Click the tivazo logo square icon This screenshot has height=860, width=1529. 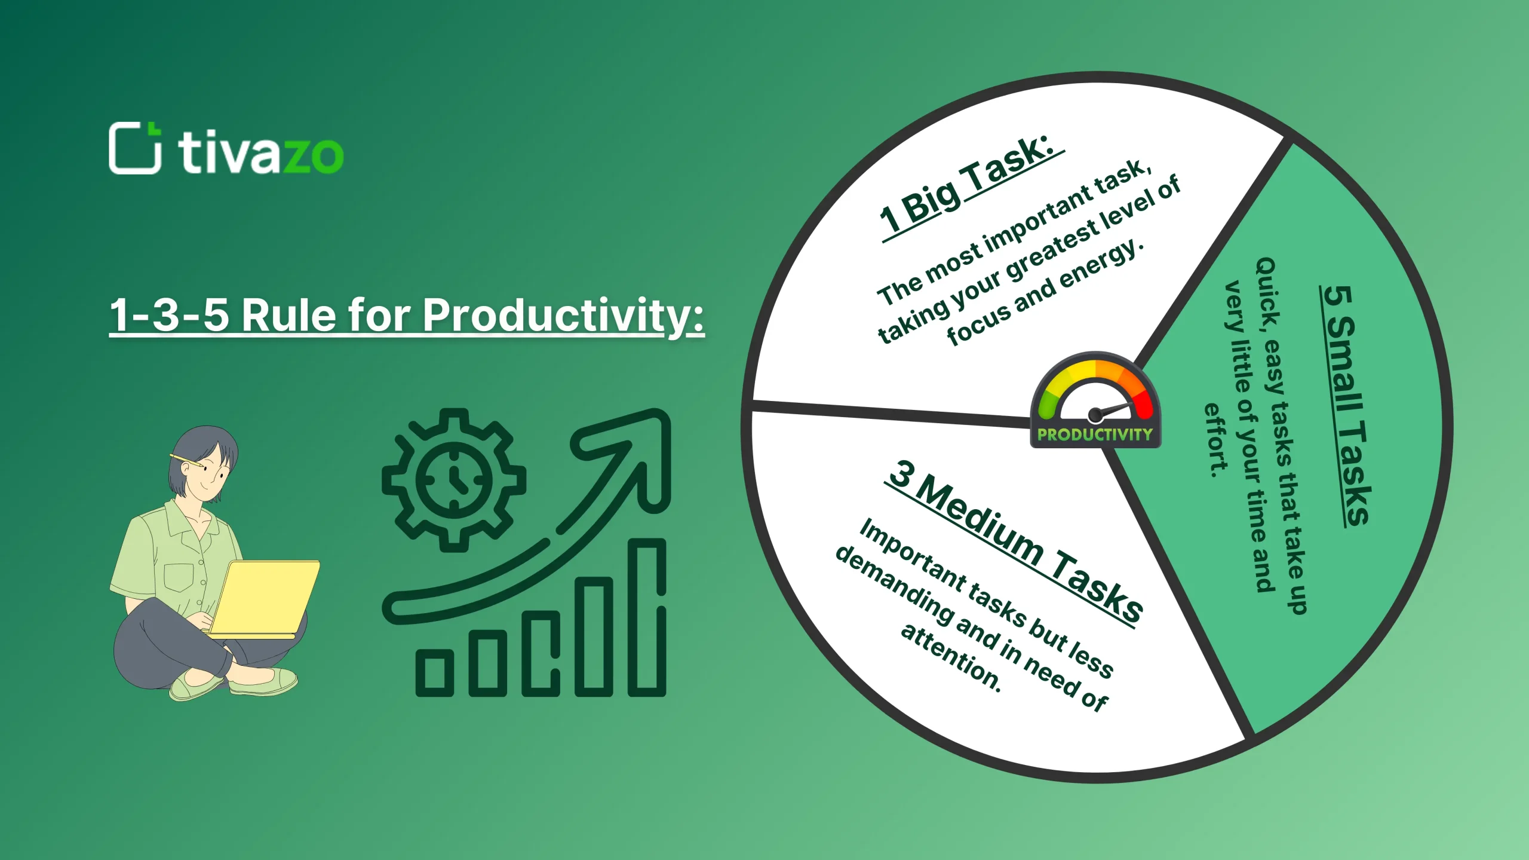[134, 148]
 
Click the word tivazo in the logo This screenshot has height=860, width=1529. [260, 153]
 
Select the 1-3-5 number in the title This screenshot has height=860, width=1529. [170, 315]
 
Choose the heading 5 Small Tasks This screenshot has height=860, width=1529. [1346, 406]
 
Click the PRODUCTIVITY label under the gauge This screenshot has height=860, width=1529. [1095, 434]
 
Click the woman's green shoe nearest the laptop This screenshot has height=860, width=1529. [263, 681]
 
